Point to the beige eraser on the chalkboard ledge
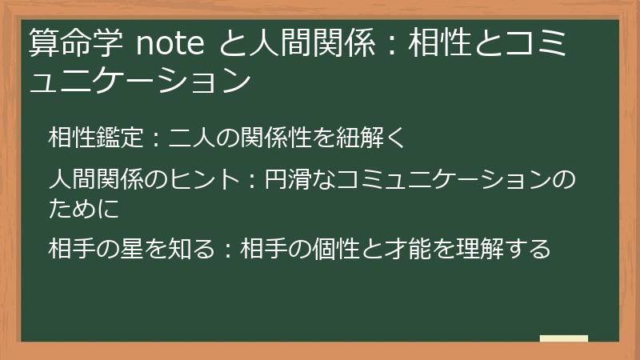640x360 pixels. (564, 338)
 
